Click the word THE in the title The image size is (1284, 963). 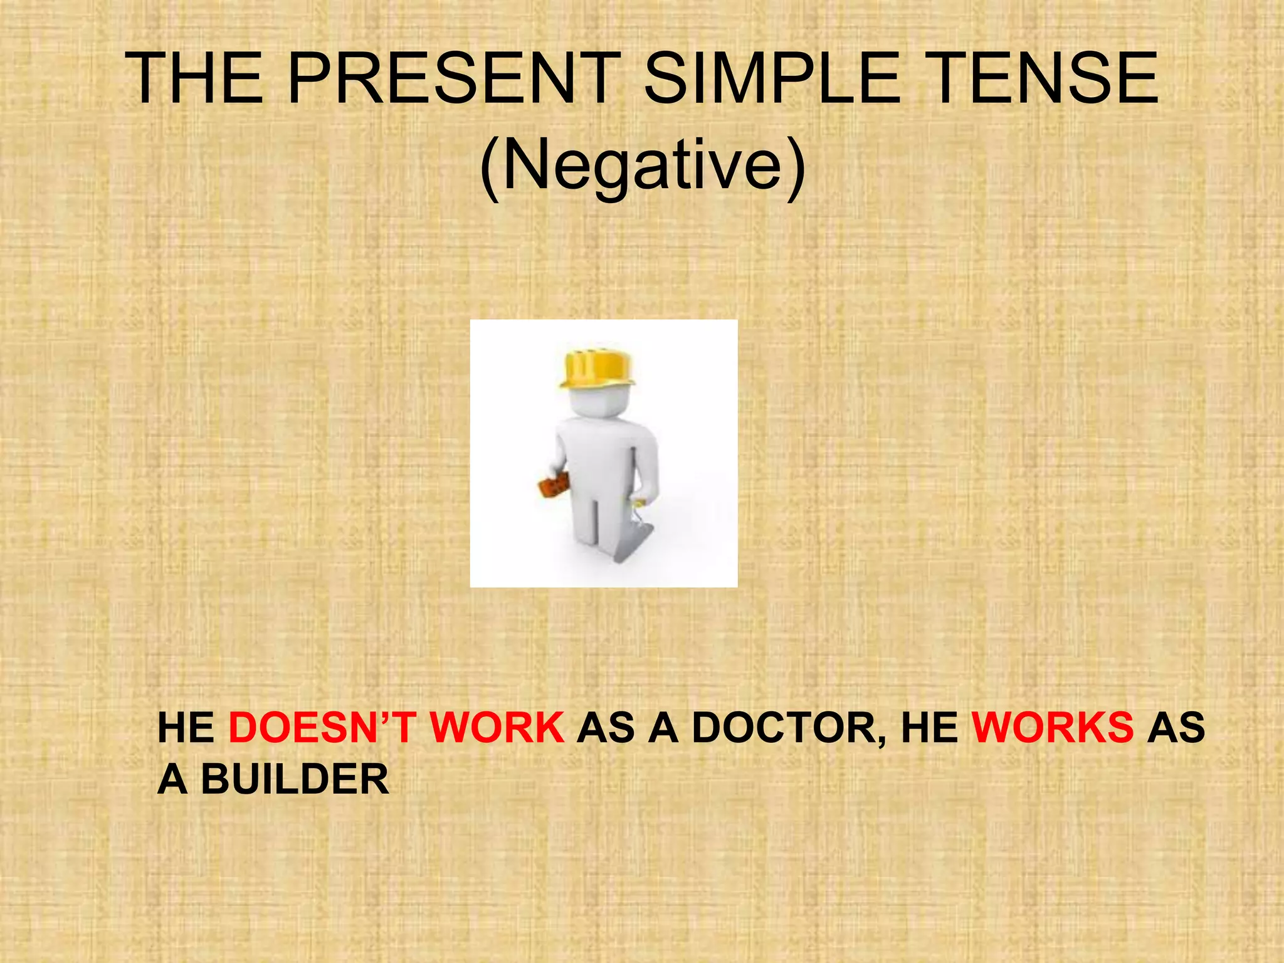click(194, 78)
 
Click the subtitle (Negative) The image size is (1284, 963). click(642, 166)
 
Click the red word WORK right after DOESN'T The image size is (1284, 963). click(497, 728)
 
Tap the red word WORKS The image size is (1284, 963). click(1053, 728)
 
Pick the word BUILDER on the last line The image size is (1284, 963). click(295, 780)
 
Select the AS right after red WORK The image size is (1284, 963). click(606, 728)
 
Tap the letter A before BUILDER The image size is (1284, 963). click(172, 780)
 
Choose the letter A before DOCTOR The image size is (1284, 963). click(664, 728)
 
